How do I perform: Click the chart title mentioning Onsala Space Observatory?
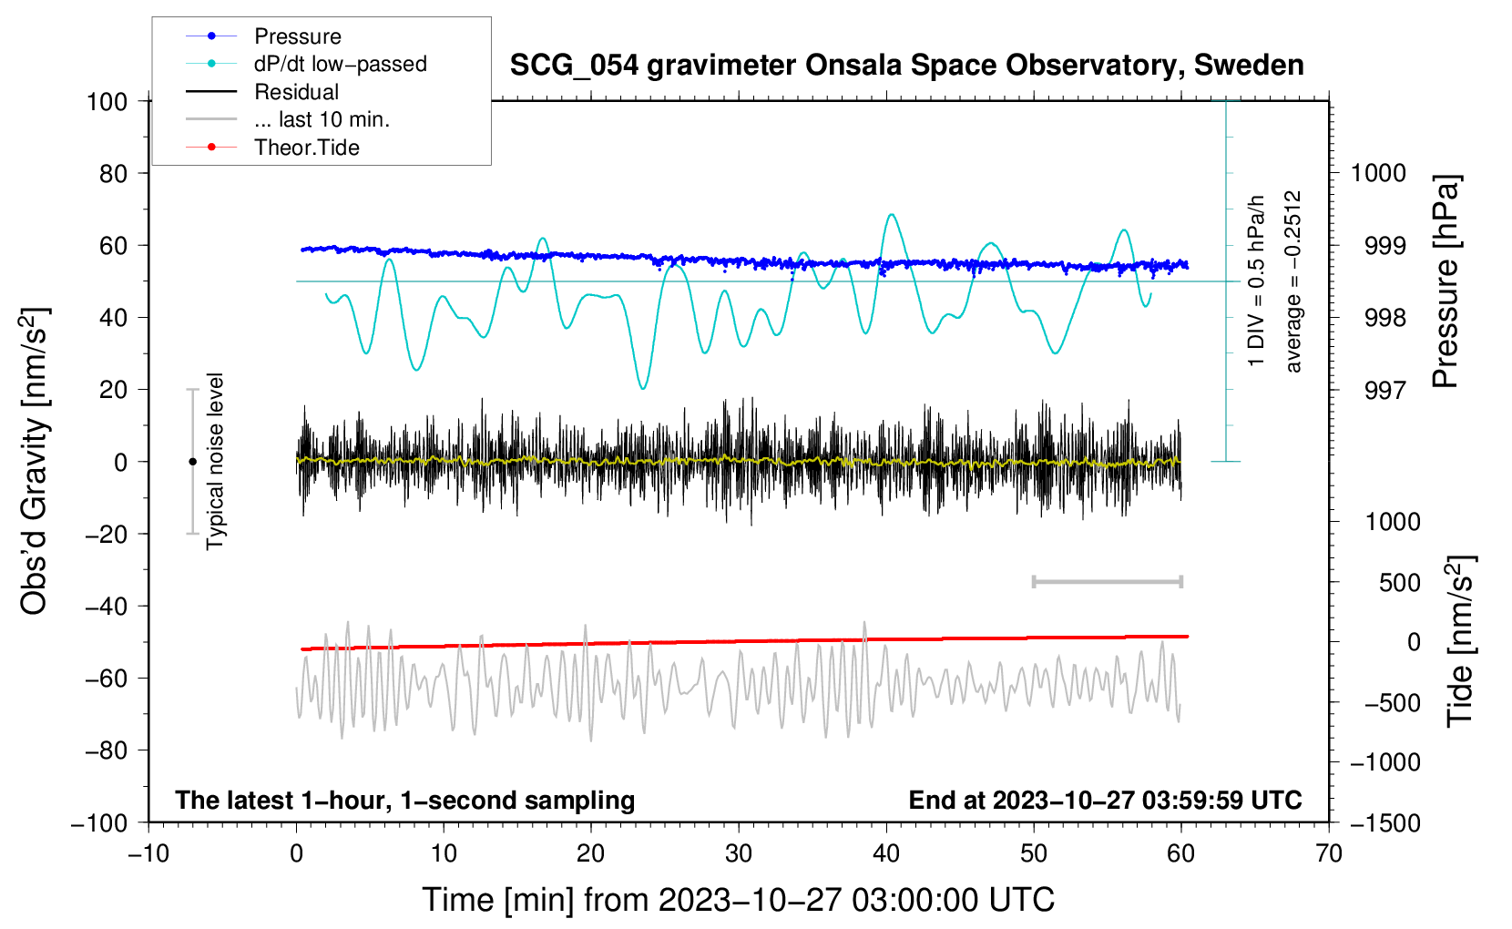point(906,65)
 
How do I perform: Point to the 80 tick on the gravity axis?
point(113,174)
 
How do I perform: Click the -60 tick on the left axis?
point(106,678)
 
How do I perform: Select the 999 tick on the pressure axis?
point(1385,246)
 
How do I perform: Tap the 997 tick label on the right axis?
point(1385,390)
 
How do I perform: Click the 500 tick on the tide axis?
point(1399,583)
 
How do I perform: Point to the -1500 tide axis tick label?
point(1385,823)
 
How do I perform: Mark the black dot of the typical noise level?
point(192,462)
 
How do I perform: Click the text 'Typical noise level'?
point(215,462)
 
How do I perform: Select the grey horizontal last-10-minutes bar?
point(1107,581)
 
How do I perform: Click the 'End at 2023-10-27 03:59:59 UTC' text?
point(1105,800)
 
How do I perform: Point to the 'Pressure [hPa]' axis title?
point(1446,281)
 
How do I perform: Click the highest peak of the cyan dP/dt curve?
point(892,215)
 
